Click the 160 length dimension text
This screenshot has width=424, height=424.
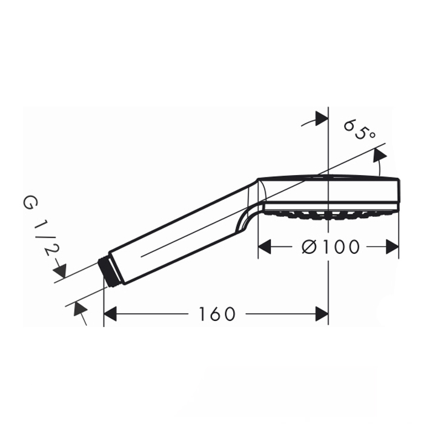click(x=217, y=314)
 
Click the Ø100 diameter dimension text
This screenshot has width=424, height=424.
click(x=331, y=247)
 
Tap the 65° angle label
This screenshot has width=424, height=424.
click(x=359, y=130)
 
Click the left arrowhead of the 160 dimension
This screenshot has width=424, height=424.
click(x=110, y=314)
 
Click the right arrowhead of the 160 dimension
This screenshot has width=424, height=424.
click(x=322, y=314)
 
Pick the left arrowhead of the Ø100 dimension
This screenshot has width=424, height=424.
click(x=265, y=247)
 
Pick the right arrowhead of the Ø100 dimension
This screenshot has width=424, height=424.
click(x=392, y=247)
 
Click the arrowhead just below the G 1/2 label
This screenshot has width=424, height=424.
click(x=60, y=271)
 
